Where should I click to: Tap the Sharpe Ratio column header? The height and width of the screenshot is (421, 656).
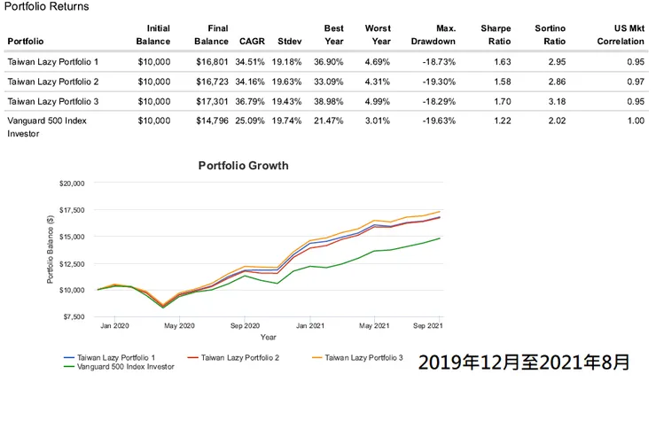point(496,35)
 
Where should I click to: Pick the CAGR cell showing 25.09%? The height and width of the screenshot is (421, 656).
point(252,121)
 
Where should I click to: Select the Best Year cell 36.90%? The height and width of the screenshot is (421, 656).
point(328,63)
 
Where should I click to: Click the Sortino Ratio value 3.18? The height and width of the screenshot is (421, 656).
point(555,102)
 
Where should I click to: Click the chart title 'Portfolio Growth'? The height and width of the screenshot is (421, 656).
point(243,166)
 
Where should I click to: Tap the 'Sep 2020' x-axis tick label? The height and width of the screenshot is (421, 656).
point(245,325)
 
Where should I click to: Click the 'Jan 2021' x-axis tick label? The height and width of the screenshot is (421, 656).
point(309,325)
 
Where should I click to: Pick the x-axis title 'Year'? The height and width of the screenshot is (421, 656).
point(269,337)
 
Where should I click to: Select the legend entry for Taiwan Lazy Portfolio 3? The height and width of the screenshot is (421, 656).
point(363,357)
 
